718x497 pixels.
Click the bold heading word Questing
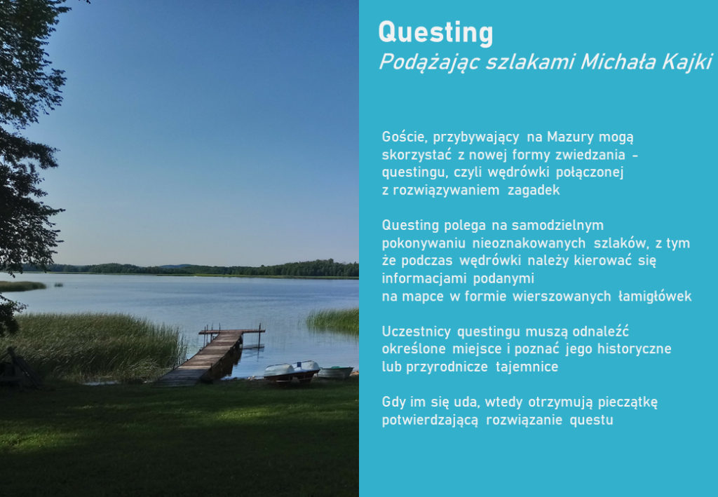pos(435,34)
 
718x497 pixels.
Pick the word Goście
pos(405,137)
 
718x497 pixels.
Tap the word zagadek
pos(534,190)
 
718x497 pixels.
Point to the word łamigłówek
pos(655,296)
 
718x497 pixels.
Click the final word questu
pos(591,420)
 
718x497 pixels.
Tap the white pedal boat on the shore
pos(292,371)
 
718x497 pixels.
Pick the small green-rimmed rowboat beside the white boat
pos(336,372)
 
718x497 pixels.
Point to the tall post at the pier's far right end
pos(259,336)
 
